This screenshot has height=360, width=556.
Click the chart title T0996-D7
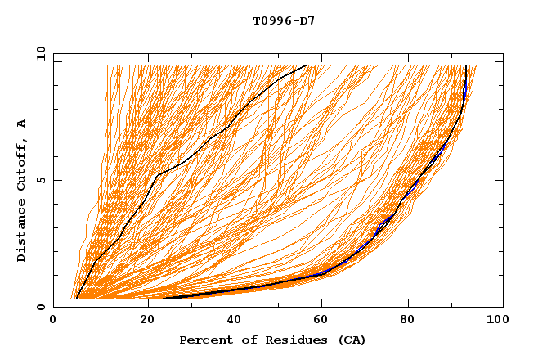point(284,20)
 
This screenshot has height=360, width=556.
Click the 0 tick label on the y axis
point(41,307)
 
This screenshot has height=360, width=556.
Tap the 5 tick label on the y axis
point(41,180)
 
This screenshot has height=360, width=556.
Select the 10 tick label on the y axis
point(38,53)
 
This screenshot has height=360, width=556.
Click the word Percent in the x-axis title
point(203,340)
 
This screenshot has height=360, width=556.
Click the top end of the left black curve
point(306,65)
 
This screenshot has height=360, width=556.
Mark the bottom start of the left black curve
point(76,299)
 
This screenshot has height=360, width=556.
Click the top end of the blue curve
point(465,66)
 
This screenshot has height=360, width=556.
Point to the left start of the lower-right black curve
point(164,299)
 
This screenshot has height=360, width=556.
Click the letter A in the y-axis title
point(22,123)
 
